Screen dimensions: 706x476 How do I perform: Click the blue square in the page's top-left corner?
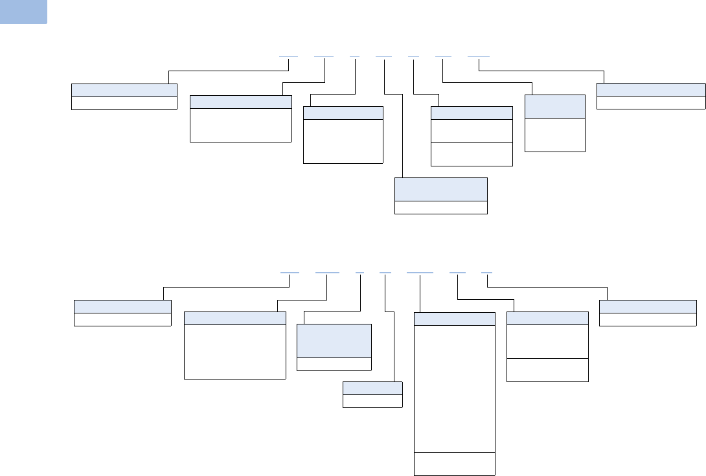23,12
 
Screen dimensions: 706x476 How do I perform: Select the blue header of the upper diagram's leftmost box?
124,90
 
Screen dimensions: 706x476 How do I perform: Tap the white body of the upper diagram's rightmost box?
650,102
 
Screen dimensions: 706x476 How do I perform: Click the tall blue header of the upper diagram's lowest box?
440,188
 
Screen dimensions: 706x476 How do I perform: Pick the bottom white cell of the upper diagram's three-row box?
472,154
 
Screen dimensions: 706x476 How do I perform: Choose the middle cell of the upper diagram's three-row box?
472,131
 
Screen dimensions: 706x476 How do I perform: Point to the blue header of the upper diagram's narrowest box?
554,106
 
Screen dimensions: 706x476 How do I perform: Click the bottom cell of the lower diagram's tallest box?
454,463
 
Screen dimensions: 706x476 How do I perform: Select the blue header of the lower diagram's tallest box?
454,319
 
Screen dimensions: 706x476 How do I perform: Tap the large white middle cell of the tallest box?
454,388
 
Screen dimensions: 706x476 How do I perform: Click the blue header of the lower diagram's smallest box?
372,389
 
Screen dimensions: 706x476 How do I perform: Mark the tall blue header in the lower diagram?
334,340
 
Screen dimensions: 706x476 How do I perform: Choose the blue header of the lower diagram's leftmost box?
122,306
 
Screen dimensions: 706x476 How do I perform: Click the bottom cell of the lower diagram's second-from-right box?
547,369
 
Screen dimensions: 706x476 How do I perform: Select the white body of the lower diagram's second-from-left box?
235,351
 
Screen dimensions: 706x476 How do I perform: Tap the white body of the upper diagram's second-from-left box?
240,124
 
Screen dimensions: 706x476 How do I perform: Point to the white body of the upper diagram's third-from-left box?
343,141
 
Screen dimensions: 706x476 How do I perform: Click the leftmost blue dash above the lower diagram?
289,273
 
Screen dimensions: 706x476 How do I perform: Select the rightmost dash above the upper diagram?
479,56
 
